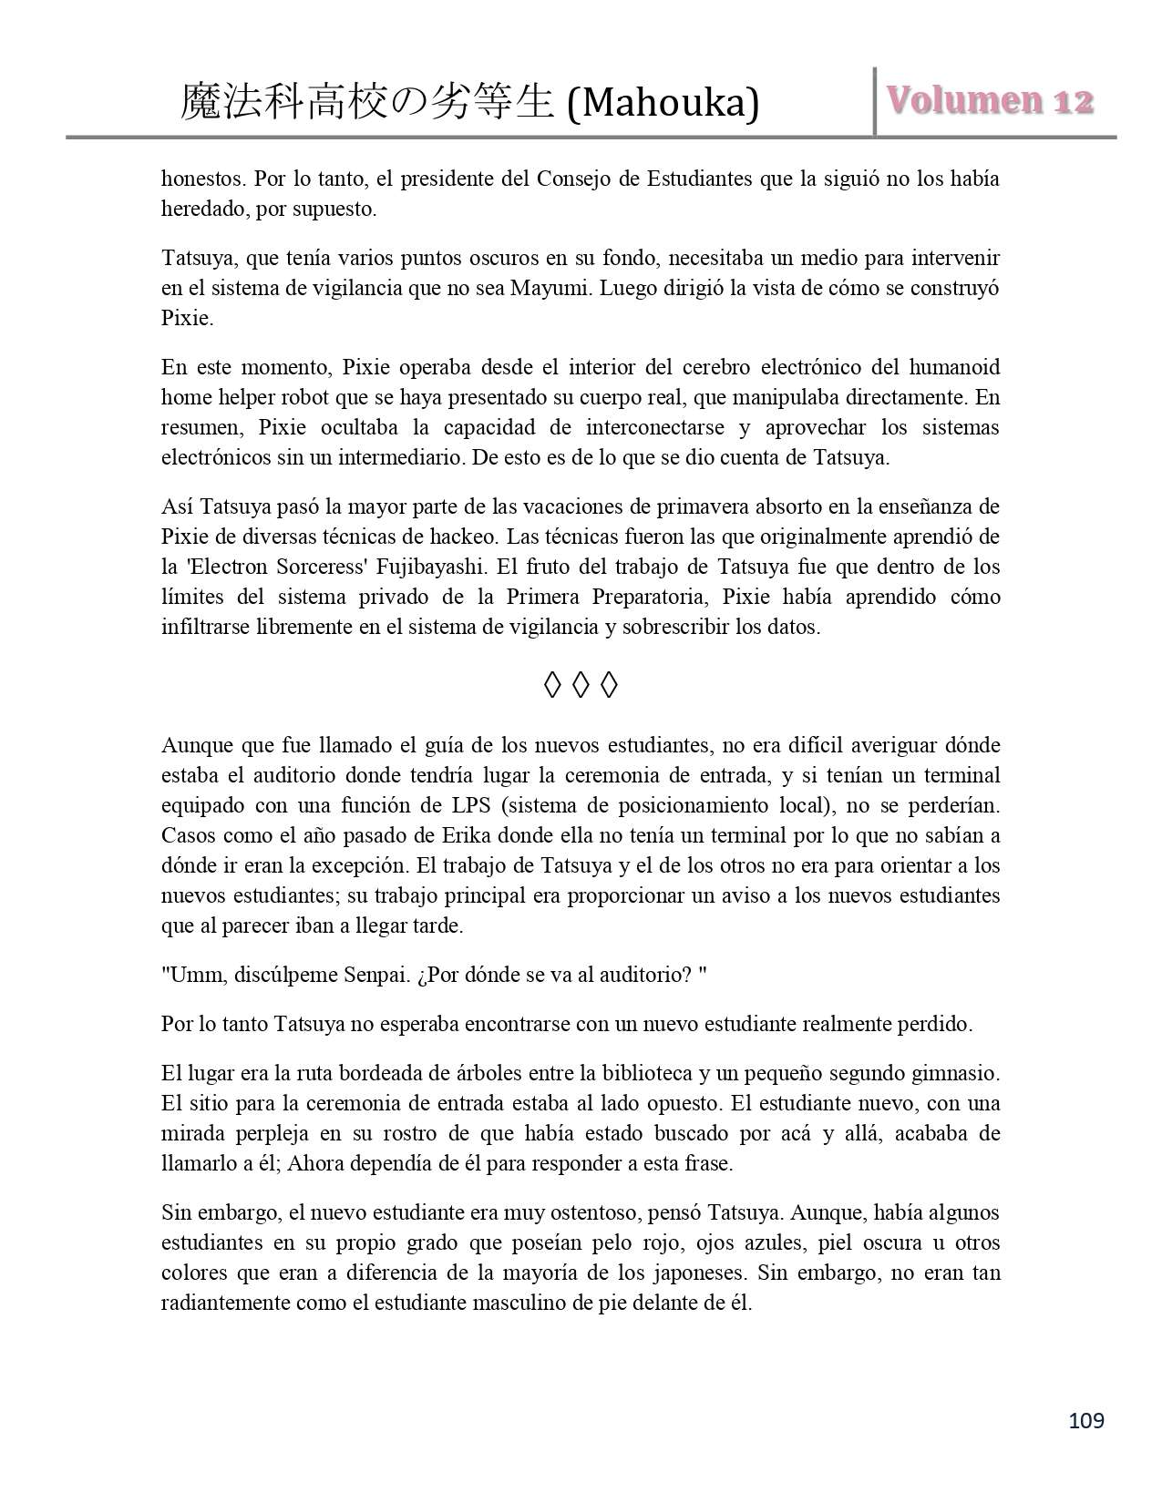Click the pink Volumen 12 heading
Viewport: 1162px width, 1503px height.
(x=990, y=101)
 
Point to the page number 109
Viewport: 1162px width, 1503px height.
(x=1085, y=1420)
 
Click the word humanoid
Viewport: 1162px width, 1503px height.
(x=956, y=367)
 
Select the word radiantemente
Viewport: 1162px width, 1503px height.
(x=225, y=1303)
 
